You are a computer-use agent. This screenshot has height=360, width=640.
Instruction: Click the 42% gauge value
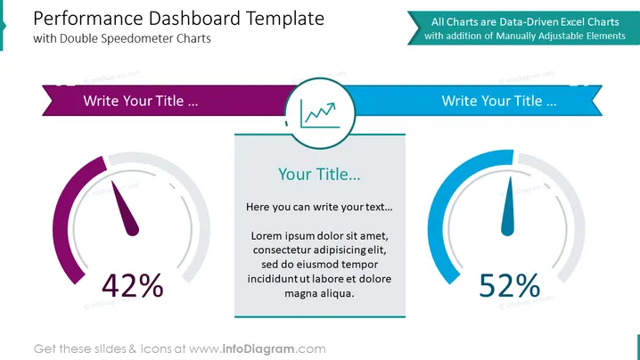[133, 285]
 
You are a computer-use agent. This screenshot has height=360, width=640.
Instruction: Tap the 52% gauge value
[509, 285]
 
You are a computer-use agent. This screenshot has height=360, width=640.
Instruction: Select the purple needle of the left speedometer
[126, 209]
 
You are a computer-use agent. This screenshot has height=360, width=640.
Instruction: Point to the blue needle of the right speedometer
[508, 207]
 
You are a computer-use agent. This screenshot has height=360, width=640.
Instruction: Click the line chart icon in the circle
[320, 114]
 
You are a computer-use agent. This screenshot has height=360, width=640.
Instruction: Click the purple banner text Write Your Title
[141, 101]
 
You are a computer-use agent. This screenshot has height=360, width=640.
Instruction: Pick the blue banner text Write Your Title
[499, 101]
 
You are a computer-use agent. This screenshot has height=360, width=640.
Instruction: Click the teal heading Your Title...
[319, 175]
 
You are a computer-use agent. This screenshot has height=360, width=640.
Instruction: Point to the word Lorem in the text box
[266, 236]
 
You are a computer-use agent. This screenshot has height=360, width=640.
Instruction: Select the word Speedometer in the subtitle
[136, 39]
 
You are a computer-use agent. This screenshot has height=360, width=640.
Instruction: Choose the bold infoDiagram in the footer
[258, 349]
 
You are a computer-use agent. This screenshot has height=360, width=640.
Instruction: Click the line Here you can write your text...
[319, 207]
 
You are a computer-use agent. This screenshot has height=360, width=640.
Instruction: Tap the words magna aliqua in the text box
[319, 293]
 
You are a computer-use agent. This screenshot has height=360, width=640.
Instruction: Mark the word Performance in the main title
[87, 19]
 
